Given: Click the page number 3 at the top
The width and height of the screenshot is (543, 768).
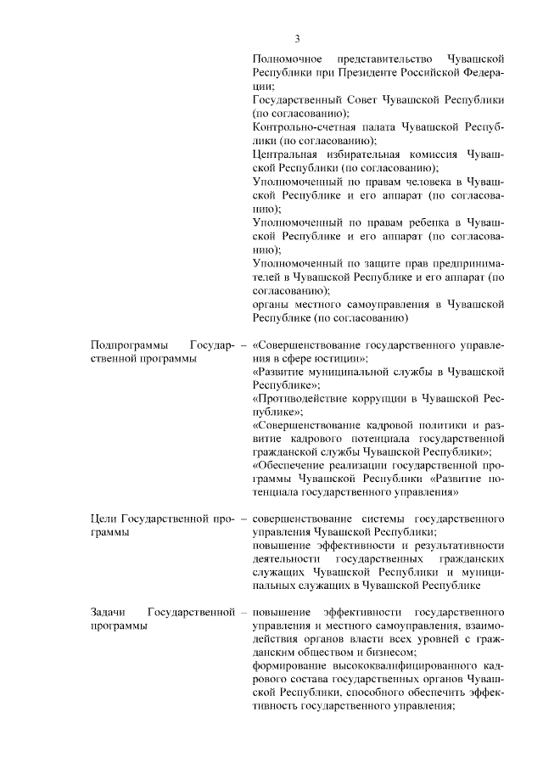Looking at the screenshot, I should (298, 38).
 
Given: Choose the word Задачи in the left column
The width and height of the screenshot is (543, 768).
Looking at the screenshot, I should (109, 612).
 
